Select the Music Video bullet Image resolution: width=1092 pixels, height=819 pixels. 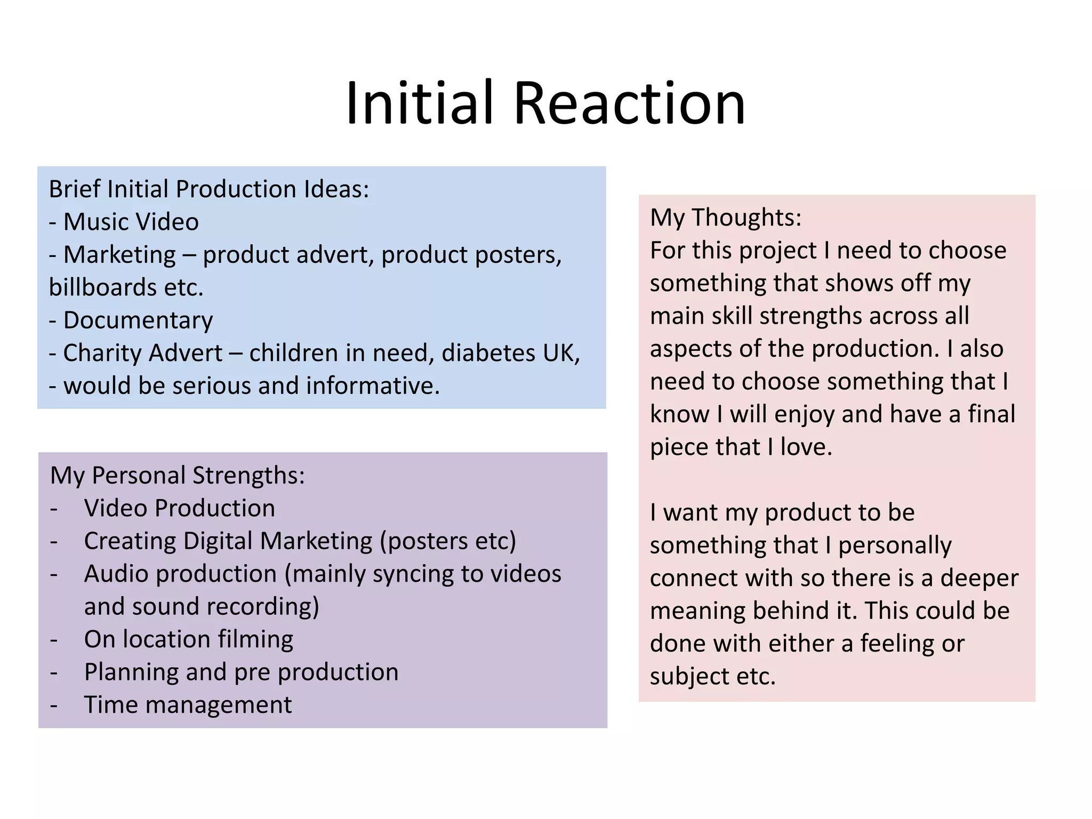131,222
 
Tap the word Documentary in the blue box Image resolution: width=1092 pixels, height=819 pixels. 138,320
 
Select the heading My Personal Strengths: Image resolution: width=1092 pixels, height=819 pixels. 177,475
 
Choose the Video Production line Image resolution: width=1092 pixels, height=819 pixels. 179,508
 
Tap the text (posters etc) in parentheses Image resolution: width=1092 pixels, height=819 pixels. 448,541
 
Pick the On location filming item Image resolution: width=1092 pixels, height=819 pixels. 188,639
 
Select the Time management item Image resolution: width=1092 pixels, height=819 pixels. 188,705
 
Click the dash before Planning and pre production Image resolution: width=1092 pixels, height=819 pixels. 54,672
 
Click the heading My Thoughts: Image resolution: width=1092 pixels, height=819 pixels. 725,218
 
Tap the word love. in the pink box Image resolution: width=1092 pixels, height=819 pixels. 806,447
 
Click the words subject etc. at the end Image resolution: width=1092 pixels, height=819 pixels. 712,677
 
